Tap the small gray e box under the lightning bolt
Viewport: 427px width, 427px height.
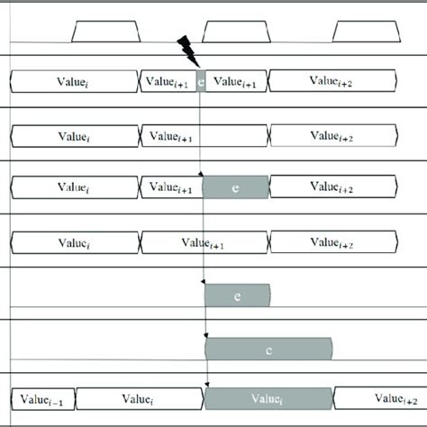(x=202, y=82)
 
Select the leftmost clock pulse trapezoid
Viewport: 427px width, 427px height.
(x=104, y=32)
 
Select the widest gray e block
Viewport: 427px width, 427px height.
(x=269, y=348)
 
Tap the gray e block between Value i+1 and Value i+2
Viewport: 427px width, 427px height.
(x=236, y=187)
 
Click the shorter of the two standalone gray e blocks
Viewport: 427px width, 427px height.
(x=237, y=295)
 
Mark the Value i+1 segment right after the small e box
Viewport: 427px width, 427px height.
(x=237, y=82)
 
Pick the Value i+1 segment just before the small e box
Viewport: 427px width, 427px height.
(x=168, y=82)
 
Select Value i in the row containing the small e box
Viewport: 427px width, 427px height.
(x=74, y=82)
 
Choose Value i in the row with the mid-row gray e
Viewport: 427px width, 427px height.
(x=74, y=187)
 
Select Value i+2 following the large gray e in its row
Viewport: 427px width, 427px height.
(x=332, y=187)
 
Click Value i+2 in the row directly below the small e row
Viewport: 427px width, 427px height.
(x=332, y=135)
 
